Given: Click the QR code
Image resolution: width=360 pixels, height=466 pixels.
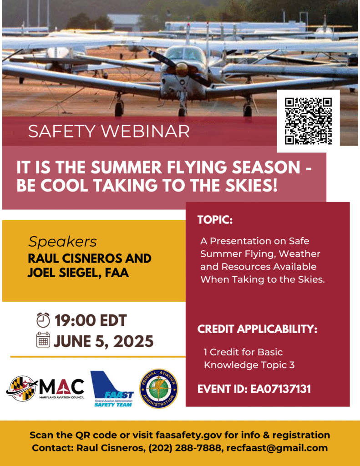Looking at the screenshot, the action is [x=308, y=121].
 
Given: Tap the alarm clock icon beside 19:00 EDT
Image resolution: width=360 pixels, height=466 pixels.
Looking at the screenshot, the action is [x=43, y=320].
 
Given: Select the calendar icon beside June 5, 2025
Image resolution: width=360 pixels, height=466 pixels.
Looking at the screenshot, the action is [x=43, y=340].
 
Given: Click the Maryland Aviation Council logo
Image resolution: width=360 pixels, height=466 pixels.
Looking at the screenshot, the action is [x=45, y=389].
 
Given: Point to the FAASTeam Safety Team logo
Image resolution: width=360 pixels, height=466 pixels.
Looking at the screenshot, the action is [x=112, y=389].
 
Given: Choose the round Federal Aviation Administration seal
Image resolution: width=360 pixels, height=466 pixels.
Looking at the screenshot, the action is [x=159, y=389].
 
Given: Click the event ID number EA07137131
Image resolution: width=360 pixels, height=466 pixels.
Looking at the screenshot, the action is [x=281, y=389].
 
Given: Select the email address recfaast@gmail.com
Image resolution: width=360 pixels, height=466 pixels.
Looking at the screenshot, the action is [x=276, y=448].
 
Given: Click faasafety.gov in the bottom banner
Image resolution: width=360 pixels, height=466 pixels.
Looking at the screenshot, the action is [x=189, y=435].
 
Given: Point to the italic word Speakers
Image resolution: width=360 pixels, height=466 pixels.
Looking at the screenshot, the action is [x=62, y=242].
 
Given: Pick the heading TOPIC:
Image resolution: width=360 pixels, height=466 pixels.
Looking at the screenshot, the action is [x=215, y=220].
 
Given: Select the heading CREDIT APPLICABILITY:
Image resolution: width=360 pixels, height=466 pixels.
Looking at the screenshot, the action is [x=257, y=329].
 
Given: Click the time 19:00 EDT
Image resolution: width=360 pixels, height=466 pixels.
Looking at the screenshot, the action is [x=91, y=320].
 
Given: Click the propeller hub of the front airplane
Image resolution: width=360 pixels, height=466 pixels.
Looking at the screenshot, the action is [x=182, y=70].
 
